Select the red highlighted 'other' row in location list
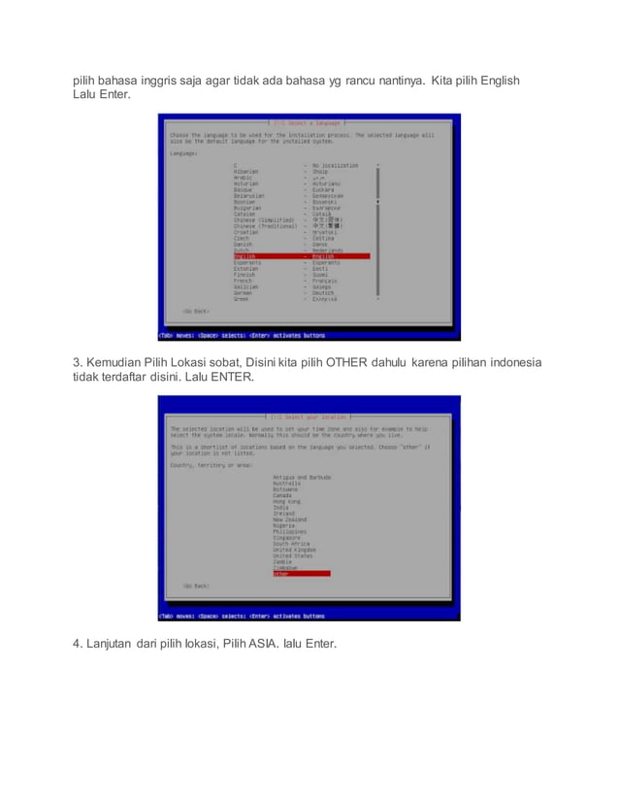coord(301,574)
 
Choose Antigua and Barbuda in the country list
coord(303,478)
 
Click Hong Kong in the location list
coord(287,501)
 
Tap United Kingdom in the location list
coord(295,550)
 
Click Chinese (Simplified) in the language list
coord(264,220)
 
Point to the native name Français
coord(324,281)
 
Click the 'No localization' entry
coord(335,166)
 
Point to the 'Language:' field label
coord(184,153)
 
